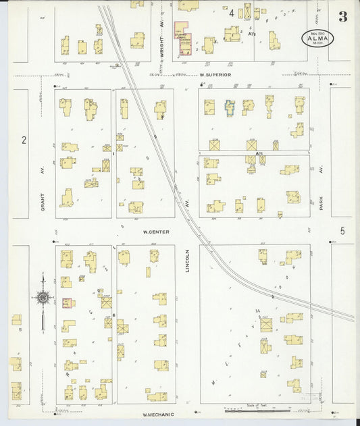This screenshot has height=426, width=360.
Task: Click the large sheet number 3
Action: (343, 17)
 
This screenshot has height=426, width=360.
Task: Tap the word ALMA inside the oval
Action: (317, 38)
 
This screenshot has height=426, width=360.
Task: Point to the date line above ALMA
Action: (317, 32)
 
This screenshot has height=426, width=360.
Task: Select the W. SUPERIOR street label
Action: (215, 74)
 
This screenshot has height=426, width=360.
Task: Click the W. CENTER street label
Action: (155, 232)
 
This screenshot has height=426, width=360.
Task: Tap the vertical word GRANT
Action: (42, 201)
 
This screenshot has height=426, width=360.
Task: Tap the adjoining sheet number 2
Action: (24, 140)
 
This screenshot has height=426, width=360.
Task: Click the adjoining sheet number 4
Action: (232, 13)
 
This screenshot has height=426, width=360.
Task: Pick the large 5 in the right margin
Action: (342, 231)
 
